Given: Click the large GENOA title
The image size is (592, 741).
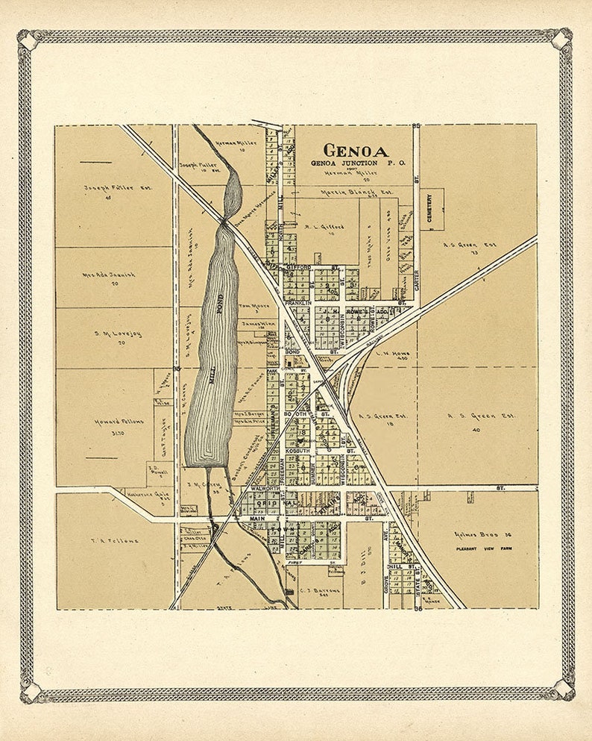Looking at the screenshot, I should click(355, 150).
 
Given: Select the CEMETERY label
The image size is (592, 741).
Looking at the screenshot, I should click(429, 208).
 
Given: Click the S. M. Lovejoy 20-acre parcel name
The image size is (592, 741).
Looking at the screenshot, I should click(118, 334).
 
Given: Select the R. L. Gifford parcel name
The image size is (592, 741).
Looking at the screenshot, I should click(324, 225).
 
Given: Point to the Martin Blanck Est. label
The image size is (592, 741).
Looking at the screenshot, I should click(356, 192).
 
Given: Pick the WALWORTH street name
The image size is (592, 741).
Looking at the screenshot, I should click(265, 488).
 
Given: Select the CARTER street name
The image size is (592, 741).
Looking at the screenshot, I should click(417, 280).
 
